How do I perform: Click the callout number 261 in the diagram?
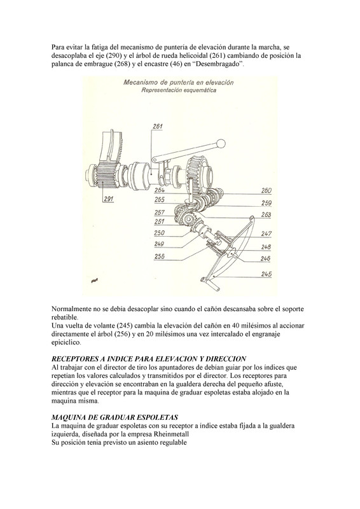pyautogui.click(x=158, y=126)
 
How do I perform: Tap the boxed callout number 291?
pyautogui.click(x=109, y=199)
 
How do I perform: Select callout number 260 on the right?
pyautogui.click(x=267, y=190)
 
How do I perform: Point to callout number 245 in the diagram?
pyautogui.click(x=267, y=274)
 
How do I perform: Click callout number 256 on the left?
pyautogui.click(x=159, y=256)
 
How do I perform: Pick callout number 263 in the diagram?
pyautogui.click(x=267, y=214)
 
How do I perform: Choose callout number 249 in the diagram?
pyautogui.click(x=159, y=244)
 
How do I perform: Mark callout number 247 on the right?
pyautogui.click(x=267, y=234)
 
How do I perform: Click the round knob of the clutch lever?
pyautogui.click(x=221, y=143)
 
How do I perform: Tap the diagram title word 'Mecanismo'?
pyautogui.click(x=138, y=82)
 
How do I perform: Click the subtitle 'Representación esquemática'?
pyautogui.click(x=179, y=90)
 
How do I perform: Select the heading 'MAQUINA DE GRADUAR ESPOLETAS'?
pyautogui.click(x=114, y=417)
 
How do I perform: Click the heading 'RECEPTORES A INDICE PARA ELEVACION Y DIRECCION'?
pyautogui.click(x=149, y=359)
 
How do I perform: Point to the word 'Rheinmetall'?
pyautogui.click(x=172, y=434)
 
